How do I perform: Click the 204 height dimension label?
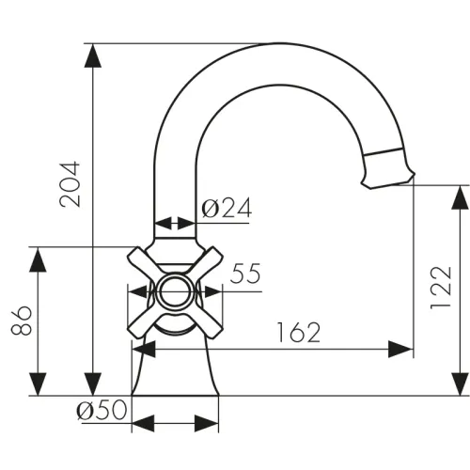click(70, 184)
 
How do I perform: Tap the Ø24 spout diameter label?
click(227, 208)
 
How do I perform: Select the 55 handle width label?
click(245, 274)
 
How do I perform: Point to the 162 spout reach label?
click(299, 332)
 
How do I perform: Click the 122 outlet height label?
click(441, 288)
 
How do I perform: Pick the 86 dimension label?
click(22, 321)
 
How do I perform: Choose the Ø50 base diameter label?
click(102, 410)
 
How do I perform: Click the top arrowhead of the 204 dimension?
click(93, 55)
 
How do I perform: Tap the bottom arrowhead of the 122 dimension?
click(460, 384)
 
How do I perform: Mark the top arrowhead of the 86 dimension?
click(38, 259)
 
